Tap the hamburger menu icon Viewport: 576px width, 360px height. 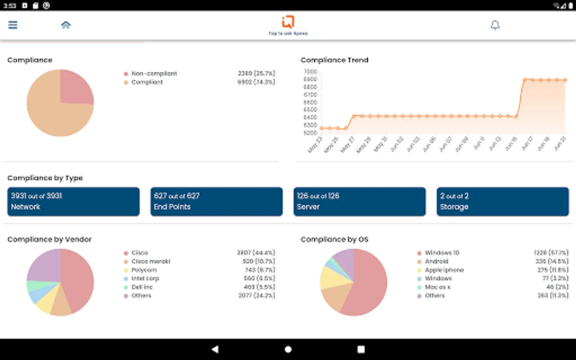(x=13, y=25)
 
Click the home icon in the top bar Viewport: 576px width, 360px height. (x=66, y=25)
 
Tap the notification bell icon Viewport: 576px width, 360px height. (x=495, y=25)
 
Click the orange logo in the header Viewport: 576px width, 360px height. (x=288, y=22)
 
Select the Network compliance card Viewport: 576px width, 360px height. (x=74, y=202)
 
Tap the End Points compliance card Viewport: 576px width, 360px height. (x=216, y=202)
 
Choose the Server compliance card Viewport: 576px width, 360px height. (x=360, y=202)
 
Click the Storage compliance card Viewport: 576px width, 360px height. (x=502, y=202)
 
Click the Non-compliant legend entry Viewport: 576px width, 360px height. (x=154, y=74)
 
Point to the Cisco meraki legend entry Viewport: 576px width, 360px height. (x=151, y=262)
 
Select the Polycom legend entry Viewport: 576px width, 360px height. (x=144, y=270)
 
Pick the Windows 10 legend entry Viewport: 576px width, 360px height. (x=442, y=253)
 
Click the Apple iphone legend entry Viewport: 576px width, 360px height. (x=444, y=270)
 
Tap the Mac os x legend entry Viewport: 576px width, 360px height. (x=437, y=287)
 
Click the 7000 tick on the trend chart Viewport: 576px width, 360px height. (x=310, y=72)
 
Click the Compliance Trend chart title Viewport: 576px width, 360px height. (x=334, y=60)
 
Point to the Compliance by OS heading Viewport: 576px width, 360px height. (x=334, y=239)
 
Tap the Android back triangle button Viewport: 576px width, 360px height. (x=215, y=349)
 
